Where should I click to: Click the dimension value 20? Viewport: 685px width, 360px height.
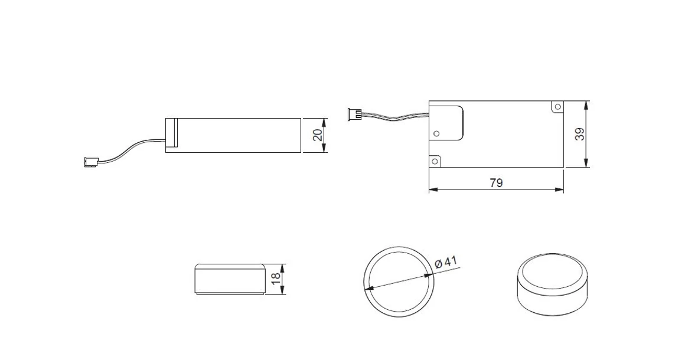[318, 135]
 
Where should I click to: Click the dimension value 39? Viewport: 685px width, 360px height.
[579, 135]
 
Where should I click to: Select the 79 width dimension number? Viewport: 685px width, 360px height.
[496, 183]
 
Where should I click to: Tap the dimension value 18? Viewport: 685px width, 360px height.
[276, 279]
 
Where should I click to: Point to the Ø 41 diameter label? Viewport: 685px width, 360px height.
[446, 263]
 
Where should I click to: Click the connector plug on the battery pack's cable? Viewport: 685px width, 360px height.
[91, 162]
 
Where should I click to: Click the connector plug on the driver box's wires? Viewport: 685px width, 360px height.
[354, 114]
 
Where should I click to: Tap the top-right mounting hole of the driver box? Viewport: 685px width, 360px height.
[556, 106]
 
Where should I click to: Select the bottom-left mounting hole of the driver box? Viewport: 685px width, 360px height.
[435, 162]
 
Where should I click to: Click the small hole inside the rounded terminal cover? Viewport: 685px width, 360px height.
[436, 133]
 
